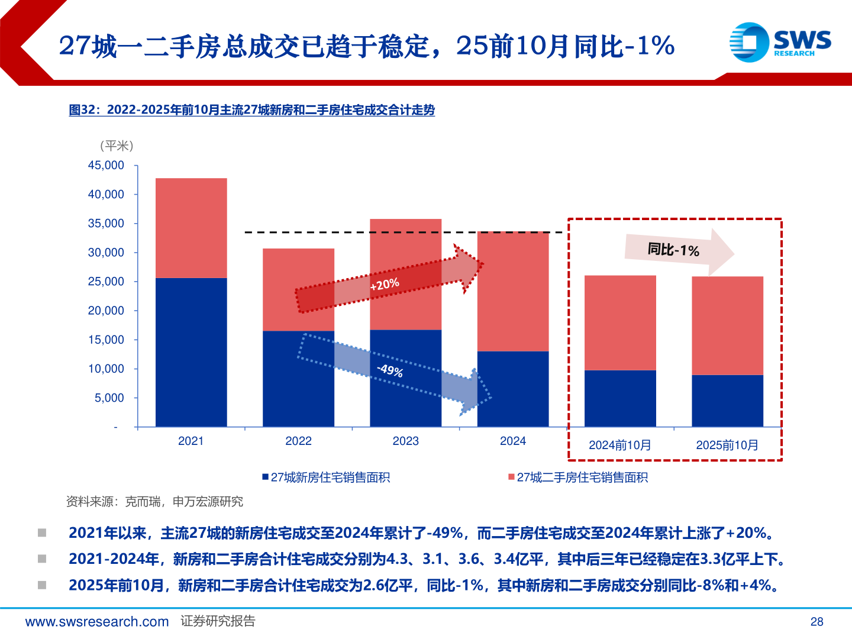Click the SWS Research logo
point(780,42)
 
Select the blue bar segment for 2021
point(191,352)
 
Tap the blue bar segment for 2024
point(513,389)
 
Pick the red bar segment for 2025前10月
point(727,325)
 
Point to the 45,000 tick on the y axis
point(106,166)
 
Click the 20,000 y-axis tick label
point(106,311)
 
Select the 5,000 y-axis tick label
point(109,398)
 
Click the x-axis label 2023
point(405,441)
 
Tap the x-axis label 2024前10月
point(619,446)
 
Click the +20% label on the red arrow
point(385,285)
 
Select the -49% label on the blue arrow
point(390,371)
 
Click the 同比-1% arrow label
point(673,250)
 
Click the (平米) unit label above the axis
point(117,146)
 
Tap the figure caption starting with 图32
point(251,110)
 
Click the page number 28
point(816,622)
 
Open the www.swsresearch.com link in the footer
point(97,622)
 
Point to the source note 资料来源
point(154,502)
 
